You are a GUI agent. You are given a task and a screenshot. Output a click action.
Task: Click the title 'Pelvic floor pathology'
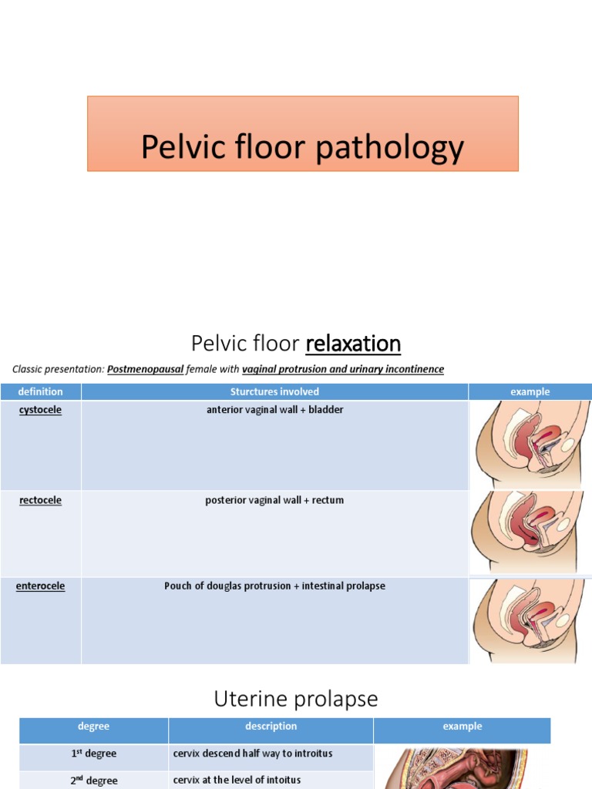302,147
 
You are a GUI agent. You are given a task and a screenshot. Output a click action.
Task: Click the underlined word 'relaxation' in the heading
353,343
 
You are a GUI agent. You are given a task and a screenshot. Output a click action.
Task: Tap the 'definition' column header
41,391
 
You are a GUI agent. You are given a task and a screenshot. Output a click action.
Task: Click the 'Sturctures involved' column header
274,391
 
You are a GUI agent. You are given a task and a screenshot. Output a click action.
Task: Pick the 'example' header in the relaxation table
530,391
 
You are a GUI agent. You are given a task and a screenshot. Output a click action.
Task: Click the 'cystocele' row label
41,410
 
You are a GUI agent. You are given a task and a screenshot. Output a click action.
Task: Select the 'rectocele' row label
41,500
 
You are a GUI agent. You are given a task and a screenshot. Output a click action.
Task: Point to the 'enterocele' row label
41,586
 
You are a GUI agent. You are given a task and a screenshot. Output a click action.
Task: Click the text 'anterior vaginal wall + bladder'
274,410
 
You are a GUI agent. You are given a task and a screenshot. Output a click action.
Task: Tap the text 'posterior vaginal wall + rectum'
274,500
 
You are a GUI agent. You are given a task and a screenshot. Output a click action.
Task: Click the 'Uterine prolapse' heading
296,699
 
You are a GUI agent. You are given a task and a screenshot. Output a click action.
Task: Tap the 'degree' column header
94,726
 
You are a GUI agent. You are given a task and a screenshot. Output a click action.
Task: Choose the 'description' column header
271,726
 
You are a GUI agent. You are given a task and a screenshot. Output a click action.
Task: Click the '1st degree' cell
94,753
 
